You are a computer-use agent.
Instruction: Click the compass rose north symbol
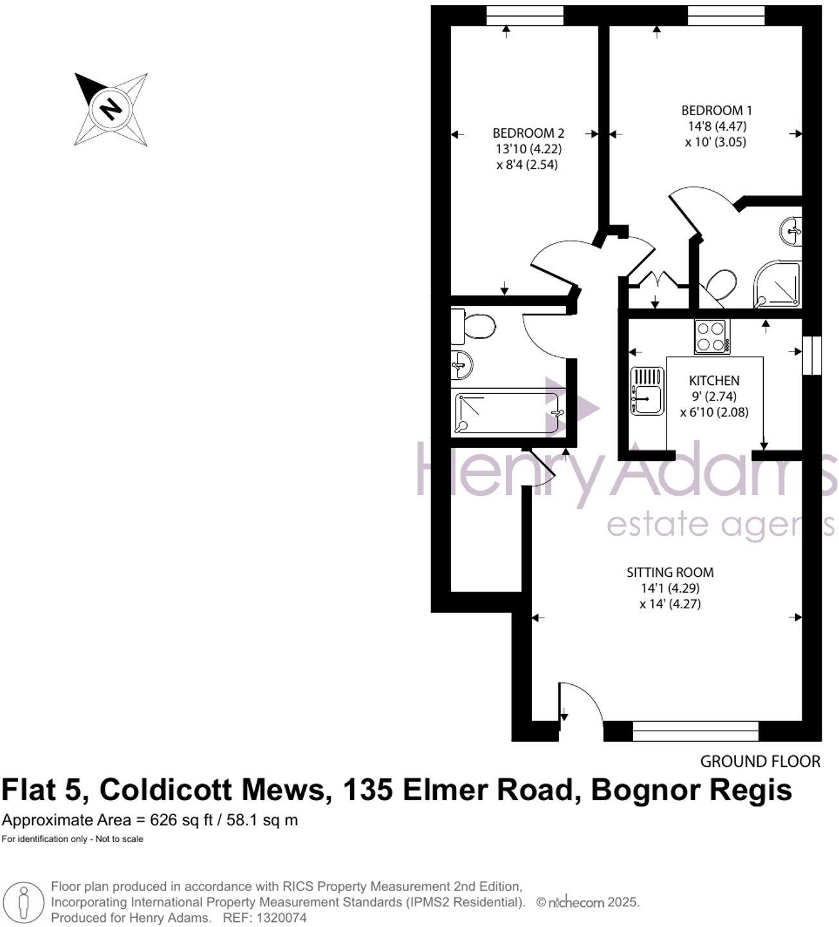pos(111,108)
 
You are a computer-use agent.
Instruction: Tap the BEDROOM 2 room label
pos(528,133)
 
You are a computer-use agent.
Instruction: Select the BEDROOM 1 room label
pos(716,111)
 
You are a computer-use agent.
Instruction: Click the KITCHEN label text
pos(714,380)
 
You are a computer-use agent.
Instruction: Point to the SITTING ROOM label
pos(670,572)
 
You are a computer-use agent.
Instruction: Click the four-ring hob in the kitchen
pos(712,337)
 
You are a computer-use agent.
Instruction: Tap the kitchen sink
pos(647,391)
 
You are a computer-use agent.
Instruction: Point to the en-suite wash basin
pos(792,230)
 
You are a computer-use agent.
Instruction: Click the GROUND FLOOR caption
pos(760,762)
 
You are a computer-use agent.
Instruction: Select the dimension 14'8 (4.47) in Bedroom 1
pos(715,126)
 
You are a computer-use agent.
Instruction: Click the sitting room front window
pos(696,731)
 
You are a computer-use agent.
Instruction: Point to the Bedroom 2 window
pos(525,15)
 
